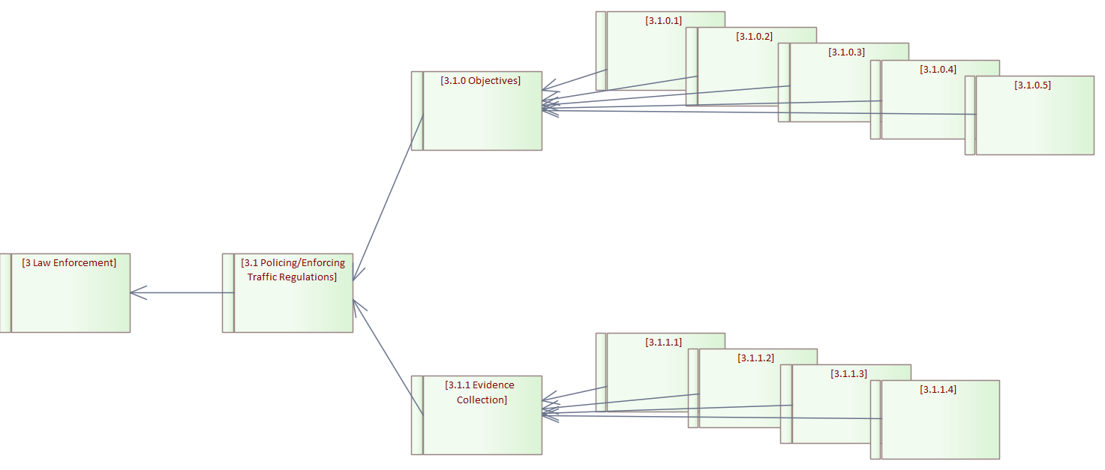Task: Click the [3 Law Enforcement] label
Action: [69, 263]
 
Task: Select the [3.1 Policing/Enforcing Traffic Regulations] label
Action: [293, 270]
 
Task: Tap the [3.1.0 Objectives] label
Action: [481, 81]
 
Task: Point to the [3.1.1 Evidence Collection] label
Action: [481, 392]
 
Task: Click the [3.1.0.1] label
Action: [663, 21]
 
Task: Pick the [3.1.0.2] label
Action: [754, 37]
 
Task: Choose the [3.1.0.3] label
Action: [846, 52]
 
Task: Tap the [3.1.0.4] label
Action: [938, 70]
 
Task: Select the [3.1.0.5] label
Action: [1032, 85]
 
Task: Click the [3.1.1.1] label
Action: [663, 343]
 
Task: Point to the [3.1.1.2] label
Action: [755, 358]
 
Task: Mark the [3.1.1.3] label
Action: [848, 374]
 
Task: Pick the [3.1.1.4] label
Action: [938, 390]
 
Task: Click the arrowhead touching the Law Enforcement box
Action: [135, 292]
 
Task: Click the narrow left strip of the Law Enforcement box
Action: [5, 292]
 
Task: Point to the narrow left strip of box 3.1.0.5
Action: [970, 115]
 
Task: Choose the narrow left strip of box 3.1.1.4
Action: [875, 420]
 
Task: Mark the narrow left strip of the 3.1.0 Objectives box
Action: [417, 111]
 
